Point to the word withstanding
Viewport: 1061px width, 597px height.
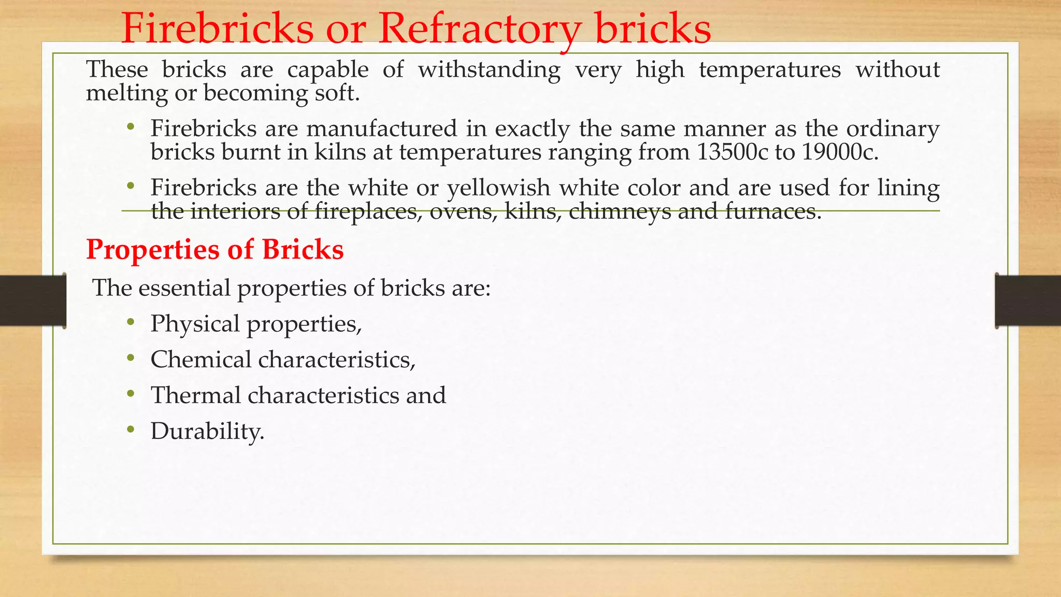[x=489, y=70]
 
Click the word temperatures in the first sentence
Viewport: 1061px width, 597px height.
[x=770, y=70]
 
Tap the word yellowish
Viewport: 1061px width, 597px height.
[x=498, y=188]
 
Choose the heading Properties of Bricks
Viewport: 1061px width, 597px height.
[x=215, y=249]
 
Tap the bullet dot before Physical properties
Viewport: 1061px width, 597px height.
[x=131, y=322]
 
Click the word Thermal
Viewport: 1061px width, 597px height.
[x=196, y=395]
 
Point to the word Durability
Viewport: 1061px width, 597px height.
[x=207, y=431]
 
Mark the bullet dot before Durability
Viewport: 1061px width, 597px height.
[x=131, y=430]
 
